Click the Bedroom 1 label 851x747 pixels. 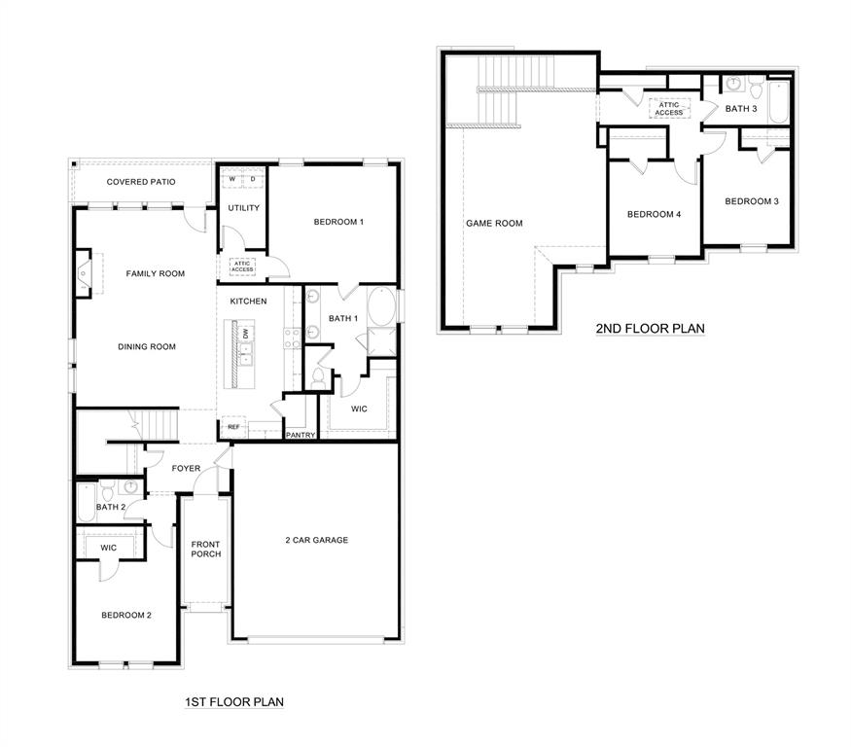tap(338, 222)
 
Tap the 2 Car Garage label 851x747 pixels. tap(316, 540)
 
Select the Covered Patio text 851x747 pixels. tap(142, 182)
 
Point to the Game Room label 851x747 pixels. tap(494, 223)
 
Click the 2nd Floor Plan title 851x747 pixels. tap(650, 329)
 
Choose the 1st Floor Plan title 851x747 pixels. tap(233, 700)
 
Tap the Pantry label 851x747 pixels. tap(301, 435)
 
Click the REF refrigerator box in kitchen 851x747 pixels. tap(233, 427)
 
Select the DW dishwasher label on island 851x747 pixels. tap(246, 334)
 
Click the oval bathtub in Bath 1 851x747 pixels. tap(383, 309)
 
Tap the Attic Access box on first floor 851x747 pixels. tap(241, 266)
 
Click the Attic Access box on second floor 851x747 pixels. tap(668, 109)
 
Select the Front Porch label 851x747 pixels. tap(206, 549)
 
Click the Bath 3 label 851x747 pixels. tap(741, 109)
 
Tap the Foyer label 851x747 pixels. tap(186, 469)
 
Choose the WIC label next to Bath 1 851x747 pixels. tap(359, 409)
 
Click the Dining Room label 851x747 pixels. tap(147, 346)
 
